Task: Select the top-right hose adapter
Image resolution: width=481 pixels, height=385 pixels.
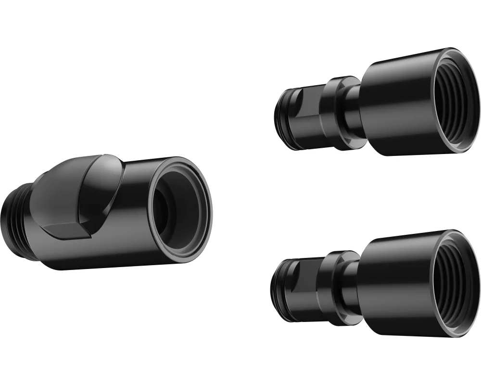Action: point(380,103)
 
